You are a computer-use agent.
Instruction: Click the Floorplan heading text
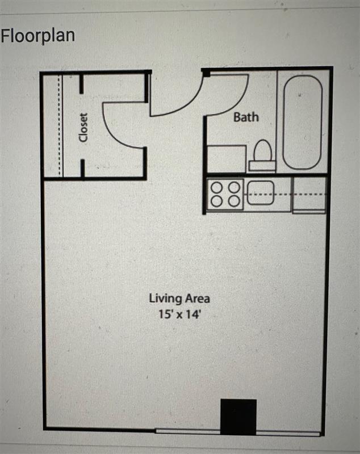(37, 35)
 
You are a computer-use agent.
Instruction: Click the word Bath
(246, 117)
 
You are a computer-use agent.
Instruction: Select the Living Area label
(179, 298)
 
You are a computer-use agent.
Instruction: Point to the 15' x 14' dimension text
(179, 313)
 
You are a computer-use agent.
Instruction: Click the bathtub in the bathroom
(302, 122)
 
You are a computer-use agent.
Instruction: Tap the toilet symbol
(262, 152)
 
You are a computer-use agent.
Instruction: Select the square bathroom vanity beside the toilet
(226, 158)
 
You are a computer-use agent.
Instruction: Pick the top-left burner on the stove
(216, 187)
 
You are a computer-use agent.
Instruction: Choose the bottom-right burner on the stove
(234, 200)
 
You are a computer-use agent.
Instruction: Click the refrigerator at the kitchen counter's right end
(309, 195)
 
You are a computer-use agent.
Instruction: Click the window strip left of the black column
(187, 431)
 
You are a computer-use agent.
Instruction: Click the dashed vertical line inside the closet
(59, 125)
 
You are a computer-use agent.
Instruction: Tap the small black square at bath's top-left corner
(206, 73)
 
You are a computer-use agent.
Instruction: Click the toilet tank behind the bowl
(262, 166)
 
